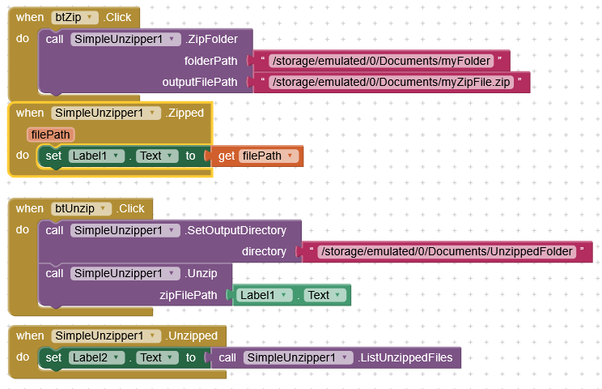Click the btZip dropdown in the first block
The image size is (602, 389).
coord(74,17)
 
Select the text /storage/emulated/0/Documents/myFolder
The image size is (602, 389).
coord(380,61)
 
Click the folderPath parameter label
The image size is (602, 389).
coord(211,61)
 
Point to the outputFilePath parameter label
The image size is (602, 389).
coord(200,82)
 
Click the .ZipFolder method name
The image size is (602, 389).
coord(215,39)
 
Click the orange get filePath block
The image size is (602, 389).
coord(257,156)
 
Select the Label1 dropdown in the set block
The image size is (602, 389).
coord(95,156)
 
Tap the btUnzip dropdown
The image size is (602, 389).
coord(80,208)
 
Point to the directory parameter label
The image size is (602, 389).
coord(264,251)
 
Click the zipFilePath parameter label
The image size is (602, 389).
coord(189,295)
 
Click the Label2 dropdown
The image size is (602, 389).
coord(95,357)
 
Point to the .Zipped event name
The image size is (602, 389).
coord(184,113)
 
